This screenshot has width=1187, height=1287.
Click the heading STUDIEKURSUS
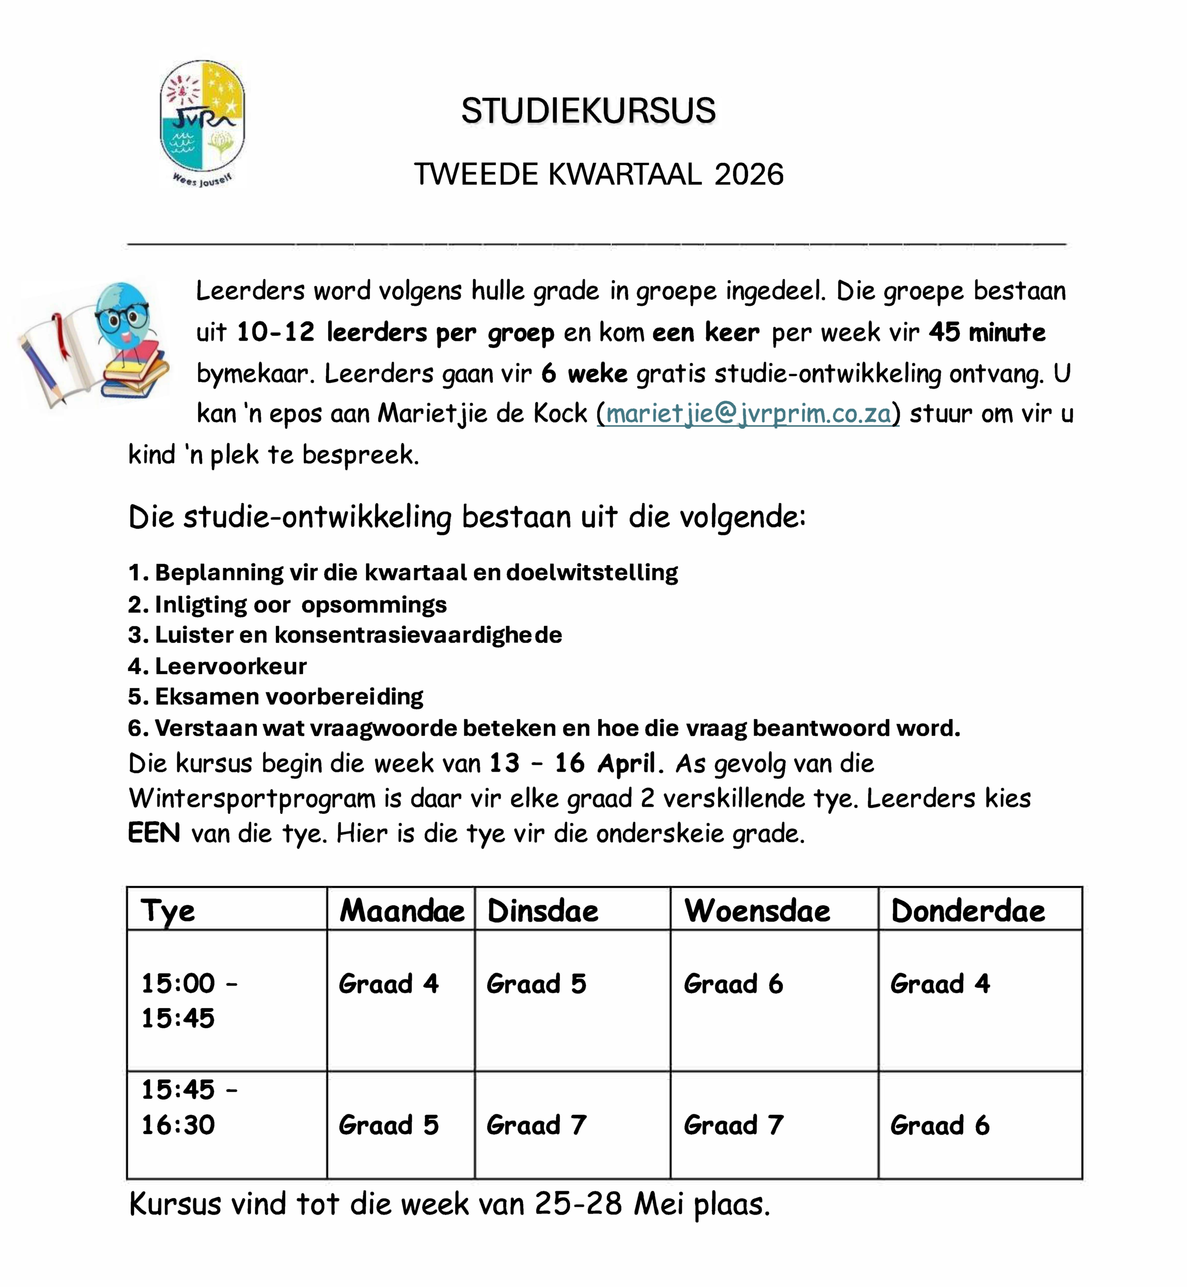click(x=588, y=111)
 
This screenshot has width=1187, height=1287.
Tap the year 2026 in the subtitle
click(x=749, y=174)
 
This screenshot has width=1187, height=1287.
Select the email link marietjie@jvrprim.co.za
click(x=748, y=414)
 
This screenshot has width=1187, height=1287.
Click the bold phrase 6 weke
click(x=585, y=373)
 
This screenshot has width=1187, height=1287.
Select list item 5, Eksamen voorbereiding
click(x=276, y=696)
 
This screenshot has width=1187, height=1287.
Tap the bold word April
click(x=627, y=763)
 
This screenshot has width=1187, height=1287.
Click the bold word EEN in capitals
click(x=154, y=833)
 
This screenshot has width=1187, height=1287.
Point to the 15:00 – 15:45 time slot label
click(x=190, y=1000)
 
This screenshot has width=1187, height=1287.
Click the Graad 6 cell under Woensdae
click(x=734, y=984)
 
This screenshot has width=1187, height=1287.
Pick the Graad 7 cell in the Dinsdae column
click(x=536, y=1125)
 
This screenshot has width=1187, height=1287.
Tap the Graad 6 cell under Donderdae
click(x=940, y=1125)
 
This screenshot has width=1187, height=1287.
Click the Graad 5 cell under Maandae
click(x=389, y=1125)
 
